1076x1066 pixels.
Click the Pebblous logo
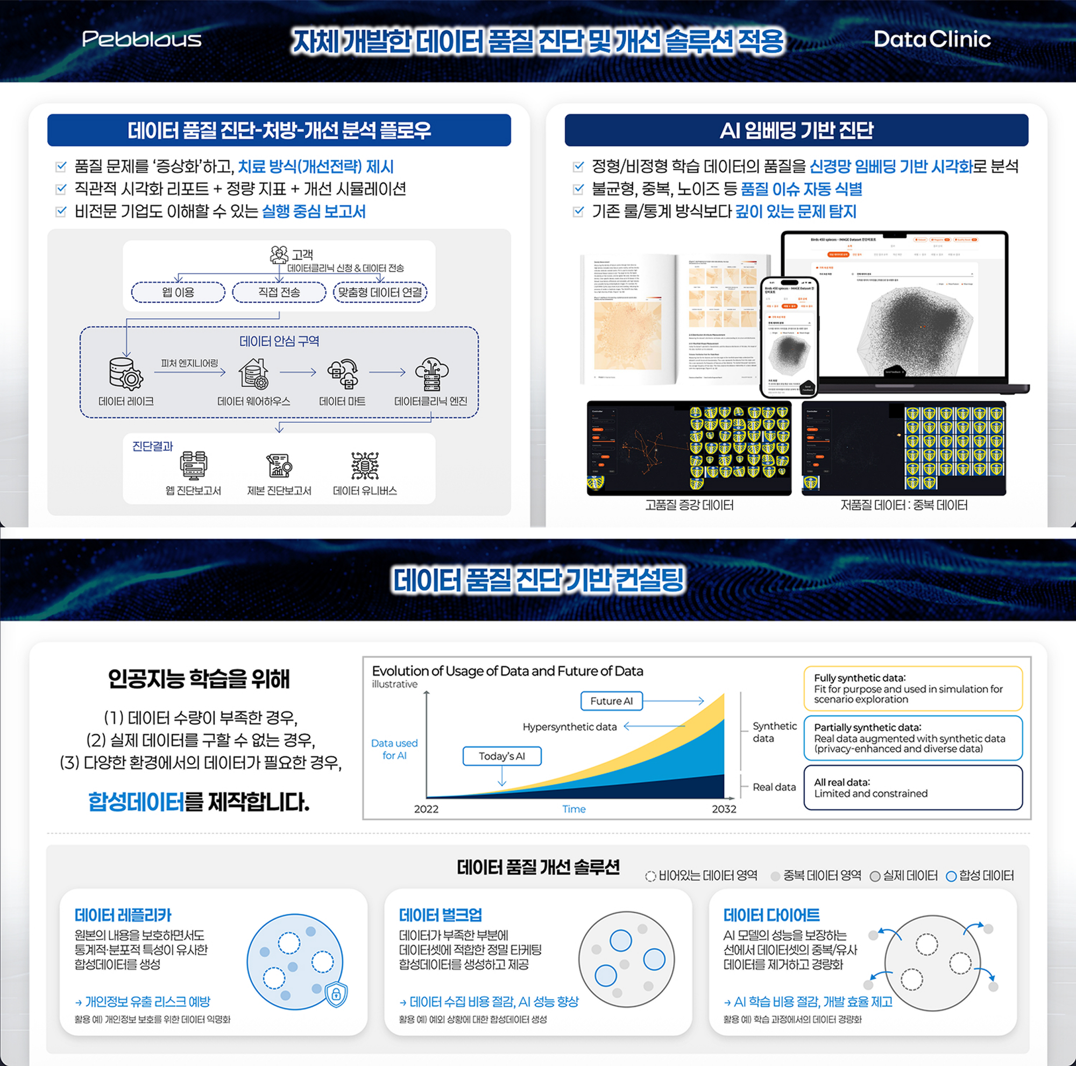(x=141, y=39)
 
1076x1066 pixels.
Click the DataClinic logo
(x=932, y=39)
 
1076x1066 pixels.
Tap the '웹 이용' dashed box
(x=178, y=292)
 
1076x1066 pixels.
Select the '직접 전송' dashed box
(x=279, y=292)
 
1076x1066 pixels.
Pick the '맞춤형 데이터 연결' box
(x=380, y=292)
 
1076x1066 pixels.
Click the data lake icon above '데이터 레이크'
(x=126, y=373)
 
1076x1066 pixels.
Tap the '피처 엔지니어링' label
(x=189, y=363)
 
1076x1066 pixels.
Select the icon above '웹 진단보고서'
(x=193, y=465)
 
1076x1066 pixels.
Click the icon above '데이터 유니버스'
(x=365, y=465)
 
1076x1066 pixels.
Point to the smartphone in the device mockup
(x=790, y=337)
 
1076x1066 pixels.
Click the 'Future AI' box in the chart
(x=611, y=701)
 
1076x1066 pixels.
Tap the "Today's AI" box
(x=502, y=756)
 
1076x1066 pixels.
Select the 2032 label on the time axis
(x=724, y=809)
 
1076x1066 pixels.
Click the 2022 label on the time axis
(x=426, y=809)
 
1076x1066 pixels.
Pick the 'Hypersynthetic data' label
(x=570, y=727)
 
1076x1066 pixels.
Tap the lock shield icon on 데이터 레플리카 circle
(x=336, y=993)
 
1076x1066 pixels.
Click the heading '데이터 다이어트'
(x=771, y=915)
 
